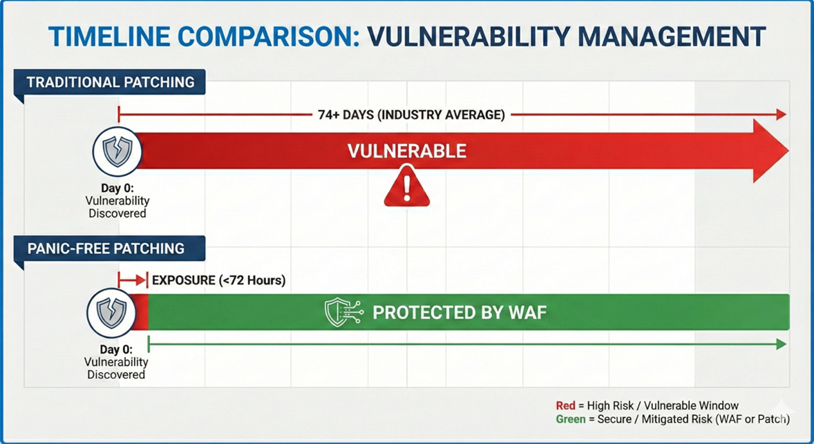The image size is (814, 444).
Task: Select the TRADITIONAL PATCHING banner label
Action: pyautogui.click(x=111, y=82)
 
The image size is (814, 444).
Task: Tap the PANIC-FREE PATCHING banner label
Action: pyautogui.click(x=106, y=248)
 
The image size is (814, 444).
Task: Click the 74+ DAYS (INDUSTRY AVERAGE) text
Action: pyautogui.click(x=411, y=115)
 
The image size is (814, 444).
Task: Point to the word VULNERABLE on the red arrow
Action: pyautogui.click(x=406, y=151)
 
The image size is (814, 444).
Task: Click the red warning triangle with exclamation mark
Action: pyautogui.click(x=407, y=187)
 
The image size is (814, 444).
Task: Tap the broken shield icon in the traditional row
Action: pyautogui.click(x=117, y=151)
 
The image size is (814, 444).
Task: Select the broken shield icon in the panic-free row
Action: pyautogui.click(x=111, y=313)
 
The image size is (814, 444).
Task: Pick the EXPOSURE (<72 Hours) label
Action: pyautogui.click(x=218, y=280)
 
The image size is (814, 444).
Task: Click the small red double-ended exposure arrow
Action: pyautogui.click(x=132, y=280)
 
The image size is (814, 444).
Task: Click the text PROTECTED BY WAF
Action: pyautogui.click(x=460, y=313)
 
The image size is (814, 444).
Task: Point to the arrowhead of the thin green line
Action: pyautogui.click(x=782, y=344)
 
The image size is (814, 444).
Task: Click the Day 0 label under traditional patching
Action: pyautogui.click(x=117, y=189)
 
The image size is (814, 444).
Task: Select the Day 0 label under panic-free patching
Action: pyautogui.click(x=116, y=350)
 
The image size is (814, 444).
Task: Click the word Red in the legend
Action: pyautogui.click(x=565, y=406)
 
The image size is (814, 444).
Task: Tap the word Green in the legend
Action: pyautogui.click(x=570, y=419)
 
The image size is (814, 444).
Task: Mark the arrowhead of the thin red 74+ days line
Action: pyautogui.click(x=782, y=115)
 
